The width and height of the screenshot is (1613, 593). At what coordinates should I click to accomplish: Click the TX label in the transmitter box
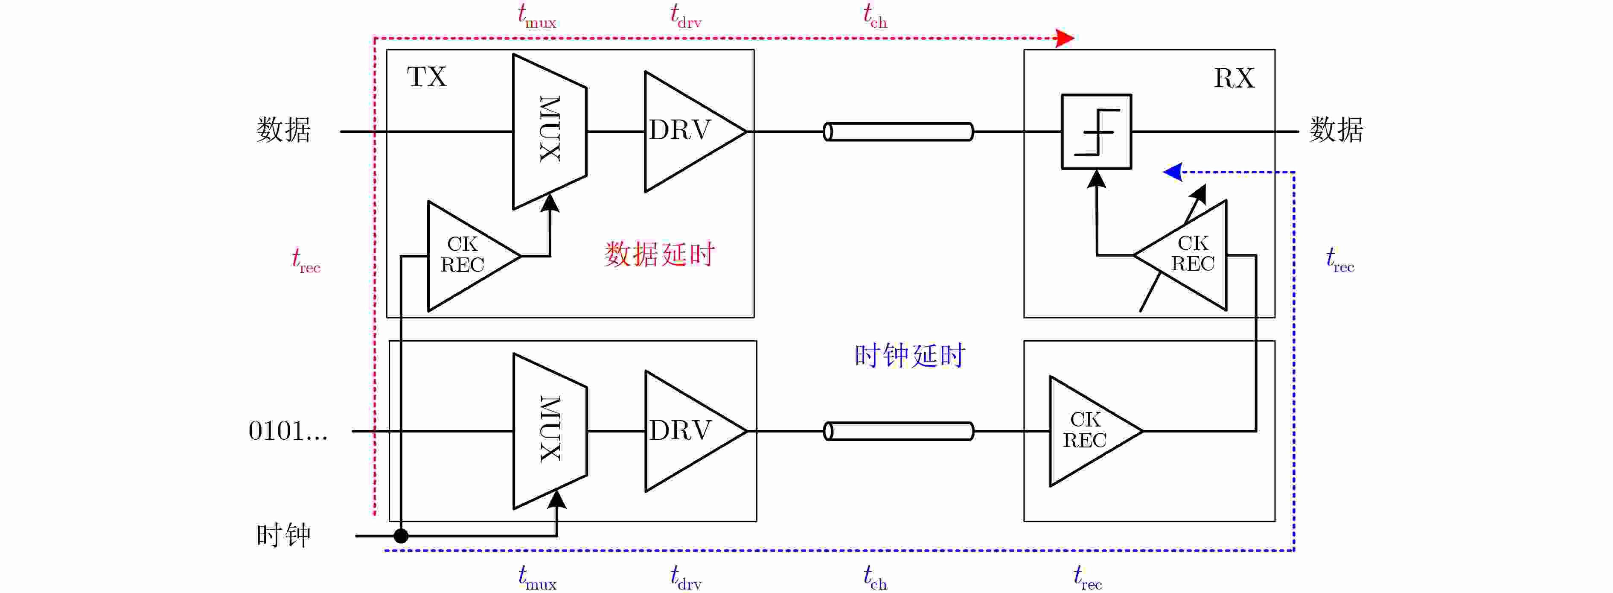[x=427, y=77]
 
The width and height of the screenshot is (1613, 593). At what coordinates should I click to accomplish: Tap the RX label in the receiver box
[x=1234, y=78]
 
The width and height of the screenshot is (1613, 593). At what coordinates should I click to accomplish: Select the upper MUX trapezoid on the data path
[x=550, y=131]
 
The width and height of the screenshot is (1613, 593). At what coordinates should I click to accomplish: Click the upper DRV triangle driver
[x=695, y=131]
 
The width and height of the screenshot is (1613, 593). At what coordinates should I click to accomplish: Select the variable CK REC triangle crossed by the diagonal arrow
[x=1180, y=255]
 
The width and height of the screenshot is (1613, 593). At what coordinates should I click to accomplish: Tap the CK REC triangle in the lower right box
[x=1096, y=431]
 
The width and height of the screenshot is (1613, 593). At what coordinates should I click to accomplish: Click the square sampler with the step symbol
[x=1096, y=131]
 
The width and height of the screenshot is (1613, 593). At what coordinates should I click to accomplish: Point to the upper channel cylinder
[x=899, y=131]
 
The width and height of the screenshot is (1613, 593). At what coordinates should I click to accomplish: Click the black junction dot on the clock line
[x=401, y=536]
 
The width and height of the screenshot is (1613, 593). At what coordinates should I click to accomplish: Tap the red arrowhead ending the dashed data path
[x=1065, y=38]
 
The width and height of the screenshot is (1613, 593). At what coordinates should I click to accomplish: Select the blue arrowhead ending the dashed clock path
[x=1173, y=172]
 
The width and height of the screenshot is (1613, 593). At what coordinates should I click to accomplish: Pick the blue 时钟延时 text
[x=910, y=356]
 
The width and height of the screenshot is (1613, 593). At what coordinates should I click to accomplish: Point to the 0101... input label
[x=288, y=431]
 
